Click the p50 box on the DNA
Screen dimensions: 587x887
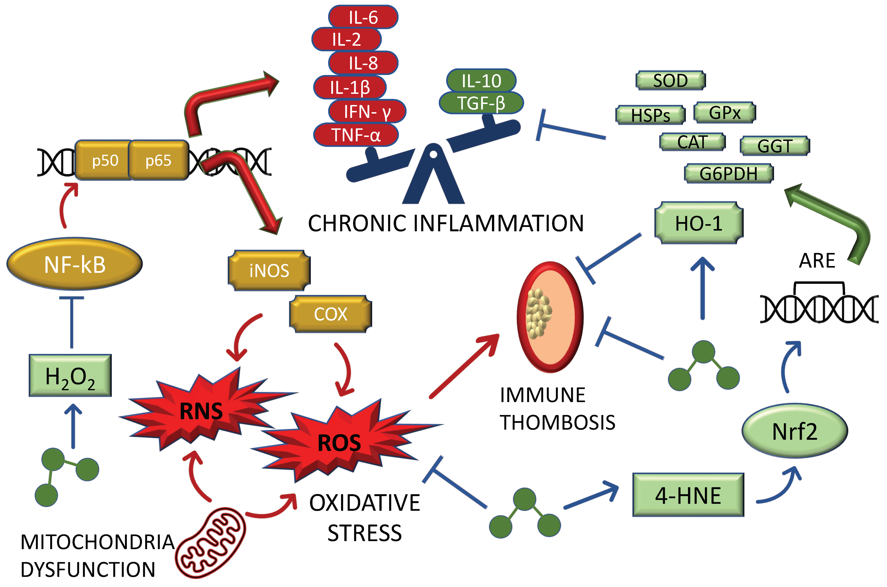click(105, 160)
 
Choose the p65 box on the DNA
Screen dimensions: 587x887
click(158, 160)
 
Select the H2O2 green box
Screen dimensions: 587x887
click(70, 375)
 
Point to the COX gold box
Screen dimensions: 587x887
click(331, 314)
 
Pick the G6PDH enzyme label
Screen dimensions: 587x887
click(728, 173)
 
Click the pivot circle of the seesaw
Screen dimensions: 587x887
click(433, 154)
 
